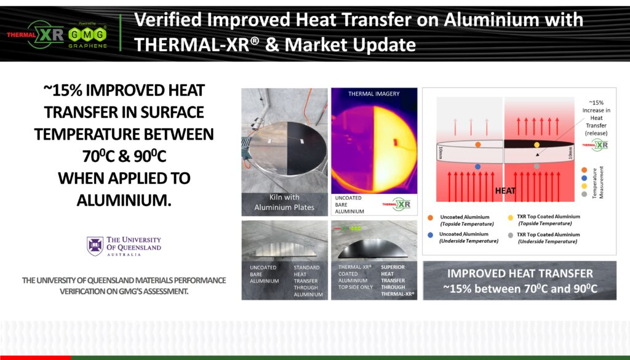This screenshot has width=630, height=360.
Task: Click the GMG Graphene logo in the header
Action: point(88,34)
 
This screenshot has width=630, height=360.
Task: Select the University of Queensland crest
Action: point(95,246)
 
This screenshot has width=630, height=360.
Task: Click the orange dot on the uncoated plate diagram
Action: point(477,145)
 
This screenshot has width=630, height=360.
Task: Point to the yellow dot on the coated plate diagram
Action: point(537,145)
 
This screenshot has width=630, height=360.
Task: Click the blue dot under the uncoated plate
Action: point(477,167)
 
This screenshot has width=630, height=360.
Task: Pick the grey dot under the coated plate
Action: point(537,167)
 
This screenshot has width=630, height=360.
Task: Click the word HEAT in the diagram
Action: point(505,191)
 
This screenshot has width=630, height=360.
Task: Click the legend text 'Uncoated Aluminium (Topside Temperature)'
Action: point(465,220)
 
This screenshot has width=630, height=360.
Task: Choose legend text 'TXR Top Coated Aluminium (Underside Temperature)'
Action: point(548,238)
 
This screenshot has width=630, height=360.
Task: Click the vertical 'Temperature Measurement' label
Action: point(594,182)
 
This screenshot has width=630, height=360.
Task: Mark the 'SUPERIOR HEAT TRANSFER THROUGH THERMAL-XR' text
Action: point(393,281)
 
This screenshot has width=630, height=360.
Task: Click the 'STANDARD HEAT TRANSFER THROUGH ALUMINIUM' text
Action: point(308,281)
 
